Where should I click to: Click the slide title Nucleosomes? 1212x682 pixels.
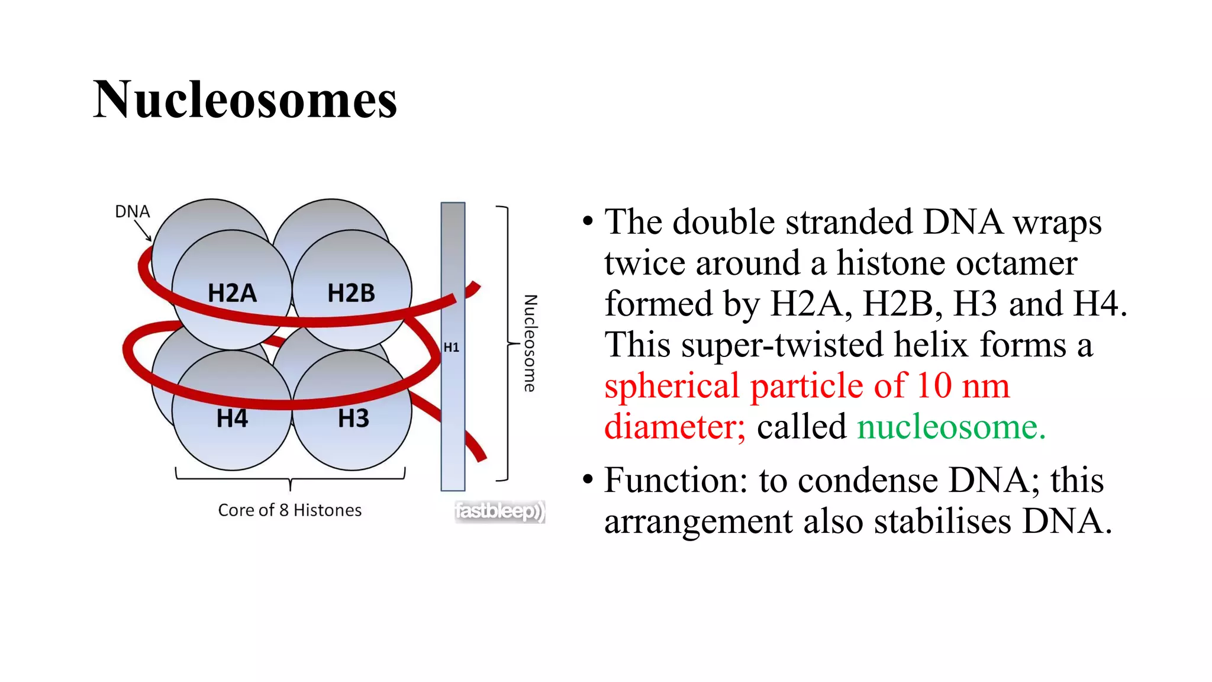point(245,99)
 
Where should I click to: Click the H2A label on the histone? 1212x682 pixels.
point(232,293)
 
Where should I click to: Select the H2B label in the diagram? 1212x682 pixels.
point(351,293)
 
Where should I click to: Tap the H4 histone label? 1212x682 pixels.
point(232,419)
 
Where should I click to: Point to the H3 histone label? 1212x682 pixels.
point(353,419)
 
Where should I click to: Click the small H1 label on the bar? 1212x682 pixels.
point(452,348)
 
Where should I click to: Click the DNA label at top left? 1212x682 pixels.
point(132,211)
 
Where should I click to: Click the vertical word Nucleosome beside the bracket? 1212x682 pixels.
point(530,343)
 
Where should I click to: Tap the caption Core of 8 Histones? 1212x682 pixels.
point(289,510)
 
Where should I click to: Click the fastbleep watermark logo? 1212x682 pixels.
point(499,511)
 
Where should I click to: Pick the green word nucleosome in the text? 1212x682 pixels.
point(951,427)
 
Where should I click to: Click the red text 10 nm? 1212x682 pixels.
point(963,386)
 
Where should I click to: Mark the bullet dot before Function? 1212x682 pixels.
point(588,479)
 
